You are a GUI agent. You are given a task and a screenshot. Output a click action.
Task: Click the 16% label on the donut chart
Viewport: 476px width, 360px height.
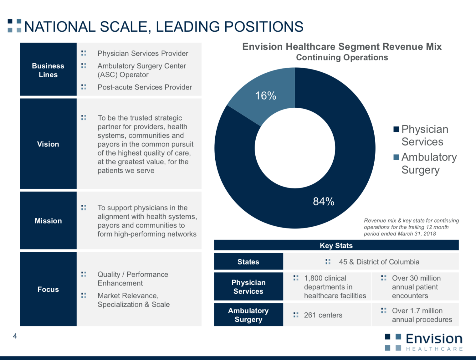coord(266,96)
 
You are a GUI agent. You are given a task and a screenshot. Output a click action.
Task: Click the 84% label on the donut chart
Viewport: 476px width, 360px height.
coord(324,201)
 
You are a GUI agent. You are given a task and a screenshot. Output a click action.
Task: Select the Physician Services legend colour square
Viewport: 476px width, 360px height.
coord(396,129)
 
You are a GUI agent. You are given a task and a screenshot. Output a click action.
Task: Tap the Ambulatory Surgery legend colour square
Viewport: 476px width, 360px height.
coord(396,157)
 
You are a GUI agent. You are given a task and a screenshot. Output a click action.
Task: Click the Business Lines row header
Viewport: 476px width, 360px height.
coord(48,70)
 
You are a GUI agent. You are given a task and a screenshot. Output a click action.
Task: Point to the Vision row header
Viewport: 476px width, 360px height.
coord(48,144)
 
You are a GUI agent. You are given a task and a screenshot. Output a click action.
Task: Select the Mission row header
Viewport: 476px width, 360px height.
coord(48,221)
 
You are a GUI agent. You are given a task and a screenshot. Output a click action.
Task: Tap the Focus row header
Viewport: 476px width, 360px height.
coord(48,289)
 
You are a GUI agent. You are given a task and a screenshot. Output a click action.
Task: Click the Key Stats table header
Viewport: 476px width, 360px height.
coord(336,245)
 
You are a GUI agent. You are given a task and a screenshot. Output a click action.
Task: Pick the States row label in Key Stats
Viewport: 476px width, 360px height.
coord(248,262)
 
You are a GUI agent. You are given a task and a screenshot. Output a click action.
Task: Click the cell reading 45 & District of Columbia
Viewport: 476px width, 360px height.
coord(379,262)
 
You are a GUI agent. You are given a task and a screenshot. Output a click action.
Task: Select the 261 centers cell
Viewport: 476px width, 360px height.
coord(323,315)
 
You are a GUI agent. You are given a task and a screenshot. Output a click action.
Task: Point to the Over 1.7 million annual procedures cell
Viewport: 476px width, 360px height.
coord(421,315)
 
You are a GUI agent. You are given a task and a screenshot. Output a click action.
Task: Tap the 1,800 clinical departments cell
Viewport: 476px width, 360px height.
coord(335,287)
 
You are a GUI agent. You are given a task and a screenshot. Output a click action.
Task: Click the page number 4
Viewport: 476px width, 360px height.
coord(15,336)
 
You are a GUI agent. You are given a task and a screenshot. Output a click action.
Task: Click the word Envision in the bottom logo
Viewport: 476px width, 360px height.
coord(434,339)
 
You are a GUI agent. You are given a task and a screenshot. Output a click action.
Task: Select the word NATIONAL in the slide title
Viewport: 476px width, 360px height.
coord(60,27)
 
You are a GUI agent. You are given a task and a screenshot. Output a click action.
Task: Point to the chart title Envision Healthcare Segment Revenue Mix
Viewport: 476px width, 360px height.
coord(342,47)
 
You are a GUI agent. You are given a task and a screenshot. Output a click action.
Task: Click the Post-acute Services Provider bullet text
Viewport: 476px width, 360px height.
coord(145,87)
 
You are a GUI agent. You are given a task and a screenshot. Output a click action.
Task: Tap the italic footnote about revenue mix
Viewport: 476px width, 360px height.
coord(411,227)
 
